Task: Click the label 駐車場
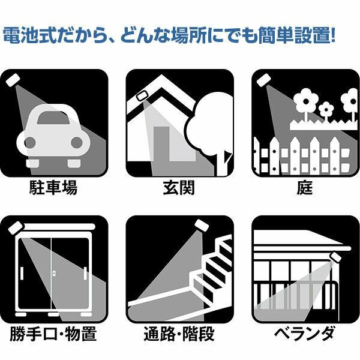(x=53, y=188)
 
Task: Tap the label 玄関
(x=179, y=188)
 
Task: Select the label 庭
(x=305, y=188)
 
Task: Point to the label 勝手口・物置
(x=53, y=334)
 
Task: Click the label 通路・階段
(x=179, y=334)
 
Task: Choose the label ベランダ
(x=304, y=334)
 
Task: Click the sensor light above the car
(x=13, y=80)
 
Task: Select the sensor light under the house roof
(x=143, y=96)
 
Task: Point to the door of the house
(x=161, y=143)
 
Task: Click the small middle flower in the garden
(x=326, y=110)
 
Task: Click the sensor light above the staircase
(x=202, y=226)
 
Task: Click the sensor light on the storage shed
(x=16, y=228)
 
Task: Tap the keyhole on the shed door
(x=54, y=273)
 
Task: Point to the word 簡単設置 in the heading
(x=295, y=35)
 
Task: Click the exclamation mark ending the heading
(x=334, y=35)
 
